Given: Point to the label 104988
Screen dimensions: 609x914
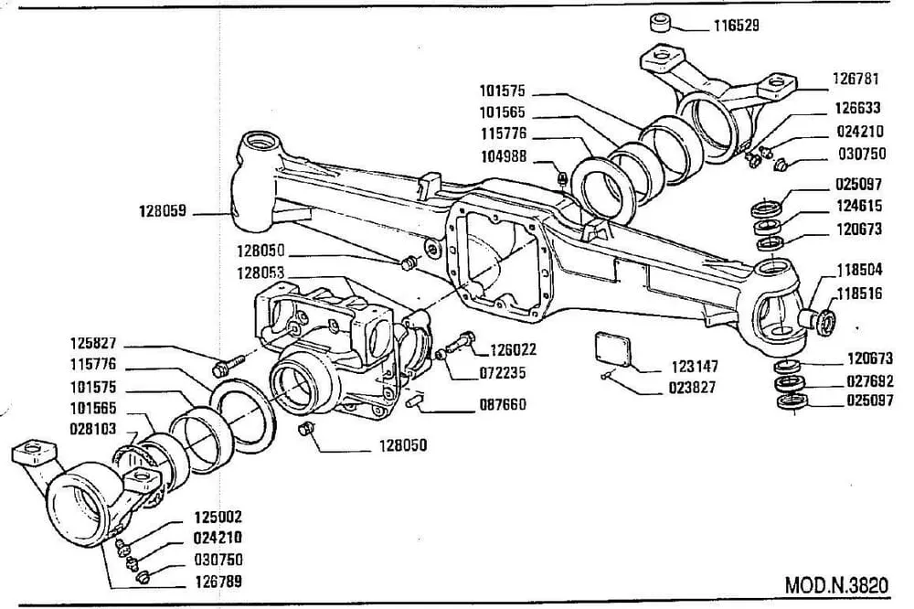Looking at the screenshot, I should [x=504, y=155].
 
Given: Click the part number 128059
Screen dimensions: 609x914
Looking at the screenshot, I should [x=164, y=210].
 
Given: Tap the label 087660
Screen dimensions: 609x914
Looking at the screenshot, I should [x=502, y=404].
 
